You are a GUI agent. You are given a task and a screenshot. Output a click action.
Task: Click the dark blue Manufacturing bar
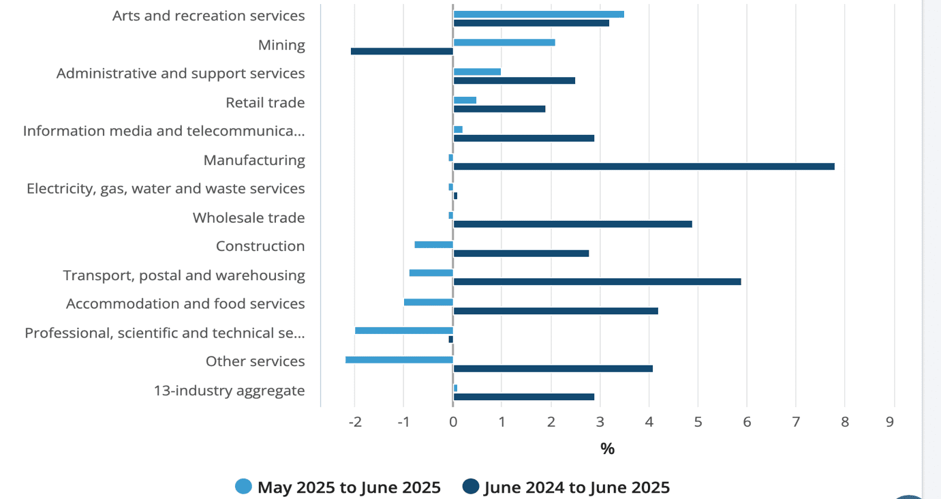tap(643, 166)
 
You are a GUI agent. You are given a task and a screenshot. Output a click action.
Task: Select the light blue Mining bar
tap(504, 42)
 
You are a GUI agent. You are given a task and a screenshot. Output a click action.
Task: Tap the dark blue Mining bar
tap(402, 51)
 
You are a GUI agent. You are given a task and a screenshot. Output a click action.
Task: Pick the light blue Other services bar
tap(399, 359)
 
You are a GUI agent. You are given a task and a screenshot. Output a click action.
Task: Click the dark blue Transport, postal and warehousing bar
tap(597, 282)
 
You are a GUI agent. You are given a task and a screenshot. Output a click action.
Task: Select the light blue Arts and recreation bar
tap(538, 14)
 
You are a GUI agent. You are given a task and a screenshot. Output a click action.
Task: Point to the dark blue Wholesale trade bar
tap(572, 224)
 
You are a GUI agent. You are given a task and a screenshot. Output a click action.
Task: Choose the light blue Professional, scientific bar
tap(404, 331)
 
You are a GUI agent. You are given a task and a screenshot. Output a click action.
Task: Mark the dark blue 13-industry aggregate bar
tap(523, 397)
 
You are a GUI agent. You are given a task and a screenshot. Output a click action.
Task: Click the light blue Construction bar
tap(433, 245)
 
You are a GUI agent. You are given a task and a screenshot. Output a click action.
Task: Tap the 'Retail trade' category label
tap(265, 103)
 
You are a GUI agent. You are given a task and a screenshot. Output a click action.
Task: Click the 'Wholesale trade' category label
tap(249, 218)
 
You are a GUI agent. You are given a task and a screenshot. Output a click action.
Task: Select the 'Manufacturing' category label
tap(254, 160)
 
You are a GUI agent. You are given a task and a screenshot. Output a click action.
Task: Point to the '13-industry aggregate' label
tap(229, 391)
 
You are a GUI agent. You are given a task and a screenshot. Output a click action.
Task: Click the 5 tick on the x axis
tap(698, 422)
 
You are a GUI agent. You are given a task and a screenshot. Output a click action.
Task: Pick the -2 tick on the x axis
tap(355, 422)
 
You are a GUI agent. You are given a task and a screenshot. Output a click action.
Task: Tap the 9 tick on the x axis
tap(890, 422)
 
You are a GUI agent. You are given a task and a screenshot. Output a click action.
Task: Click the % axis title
tap(607, 449)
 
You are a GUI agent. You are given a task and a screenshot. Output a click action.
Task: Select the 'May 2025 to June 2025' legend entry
tap(338, 487)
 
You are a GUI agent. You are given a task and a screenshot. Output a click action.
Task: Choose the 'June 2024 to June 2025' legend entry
tap(566, 487)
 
